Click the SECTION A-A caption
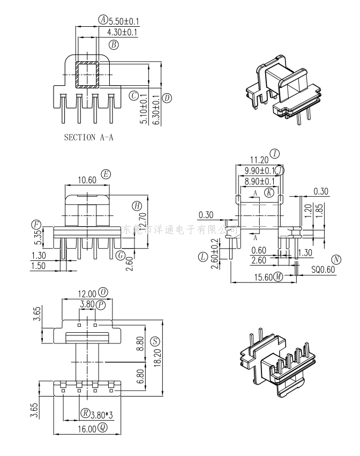[x=88, y=137]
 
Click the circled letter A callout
[x=103, y=20]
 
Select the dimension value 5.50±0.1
[x=124, y=21]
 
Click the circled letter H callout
[x=137, y=205]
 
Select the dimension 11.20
[x=259, y=160]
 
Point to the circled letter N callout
[x=336, y=260]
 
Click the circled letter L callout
[x=202, y=257]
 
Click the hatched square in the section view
[x=86, y=74]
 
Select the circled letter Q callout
[x=103, y=428]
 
